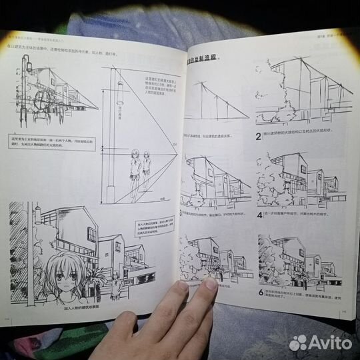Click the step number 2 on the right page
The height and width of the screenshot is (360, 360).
click(258, 139)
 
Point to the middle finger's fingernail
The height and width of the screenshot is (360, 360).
click(210, 283)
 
